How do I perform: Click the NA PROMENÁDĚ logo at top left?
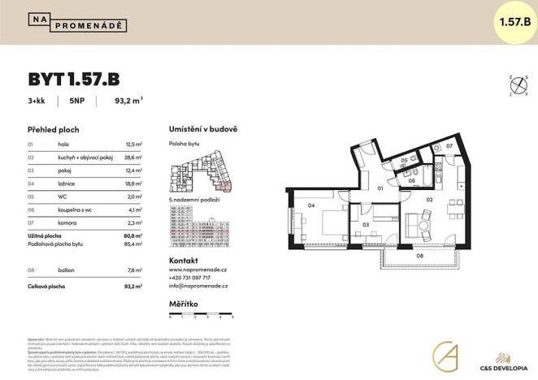[77, 23]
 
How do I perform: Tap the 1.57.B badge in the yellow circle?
[512, 21]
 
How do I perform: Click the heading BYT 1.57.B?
[74, 79]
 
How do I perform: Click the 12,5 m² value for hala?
[132, 144]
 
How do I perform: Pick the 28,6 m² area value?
[132, 157]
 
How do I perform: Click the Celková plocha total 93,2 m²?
[132, 287]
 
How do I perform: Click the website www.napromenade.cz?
[198, 269]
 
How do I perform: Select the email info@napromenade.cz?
[198, 287]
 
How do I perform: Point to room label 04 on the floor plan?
[311, 206]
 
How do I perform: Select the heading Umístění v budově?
[202, 130]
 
